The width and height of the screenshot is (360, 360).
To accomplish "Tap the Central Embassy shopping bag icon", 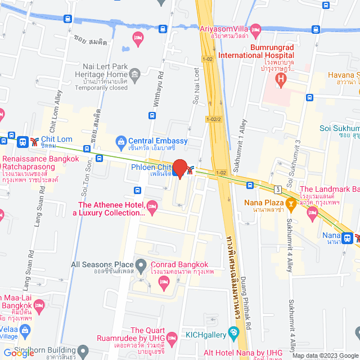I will click(120, 141).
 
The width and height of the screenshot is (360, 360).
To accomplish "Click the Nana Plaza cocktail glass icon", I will click(291, 202).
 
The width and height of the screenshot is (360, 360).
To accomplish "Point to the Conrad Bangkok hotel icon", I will click(164, 286).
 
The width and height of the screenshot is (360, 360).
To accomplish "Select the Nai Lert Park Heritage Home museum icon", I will click(134, 75).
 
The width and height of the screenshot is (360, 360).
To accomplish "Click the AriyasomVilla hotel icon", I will click(256, 29).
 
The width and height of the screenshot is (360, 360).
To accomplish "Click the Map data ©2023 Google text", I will click(324, 355).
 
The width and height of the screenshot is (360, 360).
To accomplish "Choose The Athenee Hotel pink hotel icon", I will click(152, 209).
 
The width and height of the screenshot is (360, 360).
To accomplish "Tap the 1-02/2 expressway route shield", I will click(214, 119).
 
